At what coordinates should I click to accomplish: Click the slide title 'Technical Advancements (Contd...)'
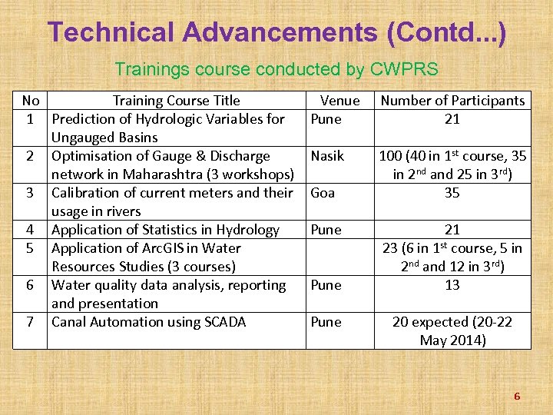point(276,32)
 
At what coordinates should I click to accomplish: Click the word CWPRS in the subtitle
point(404,69)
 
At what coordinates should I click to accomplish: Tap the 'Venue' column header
point(339,101)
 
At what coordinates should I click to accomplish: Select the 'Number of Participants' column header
point(452,101)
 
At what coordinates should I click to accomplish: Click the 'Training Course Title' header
point(176,101)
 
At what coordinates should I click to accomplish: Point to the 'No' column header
point(31,101)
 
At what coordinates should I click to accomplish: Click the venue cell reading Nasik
point(327,156)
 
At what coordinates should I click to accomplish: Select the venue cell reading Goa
point(323,193)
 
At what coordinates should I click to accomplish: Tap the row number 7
point(31,322)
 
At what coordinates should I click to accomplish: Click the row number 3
point(31,193)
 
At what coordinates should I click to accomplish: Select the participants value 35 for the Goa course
point(452,193)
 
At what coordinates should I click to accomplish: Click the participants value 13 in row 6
point(452,285)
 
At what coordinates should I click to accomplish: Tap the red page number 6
point(517,397)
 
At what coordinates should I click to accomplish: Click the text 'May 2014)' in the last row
point(452,340)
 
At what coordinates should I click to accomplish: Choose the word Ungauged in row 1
point(83,138)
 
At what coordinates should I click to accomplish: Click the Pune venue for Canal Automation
point(326,322)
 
